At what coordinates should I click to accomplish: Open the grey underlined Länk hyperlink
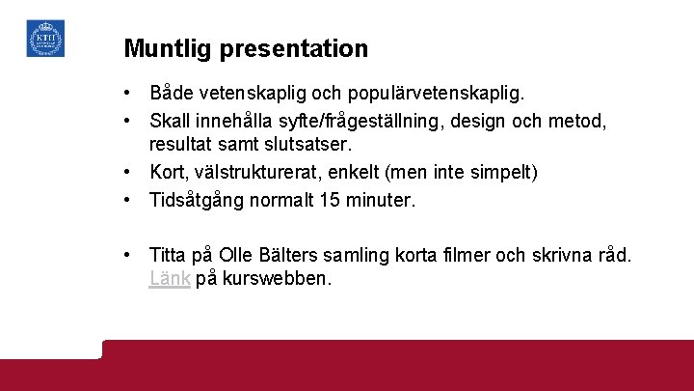point(170,279)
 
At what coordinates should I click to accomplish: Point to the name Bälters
point(293,255)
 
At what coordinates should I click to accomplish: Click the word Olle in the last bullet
point(237,255)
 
